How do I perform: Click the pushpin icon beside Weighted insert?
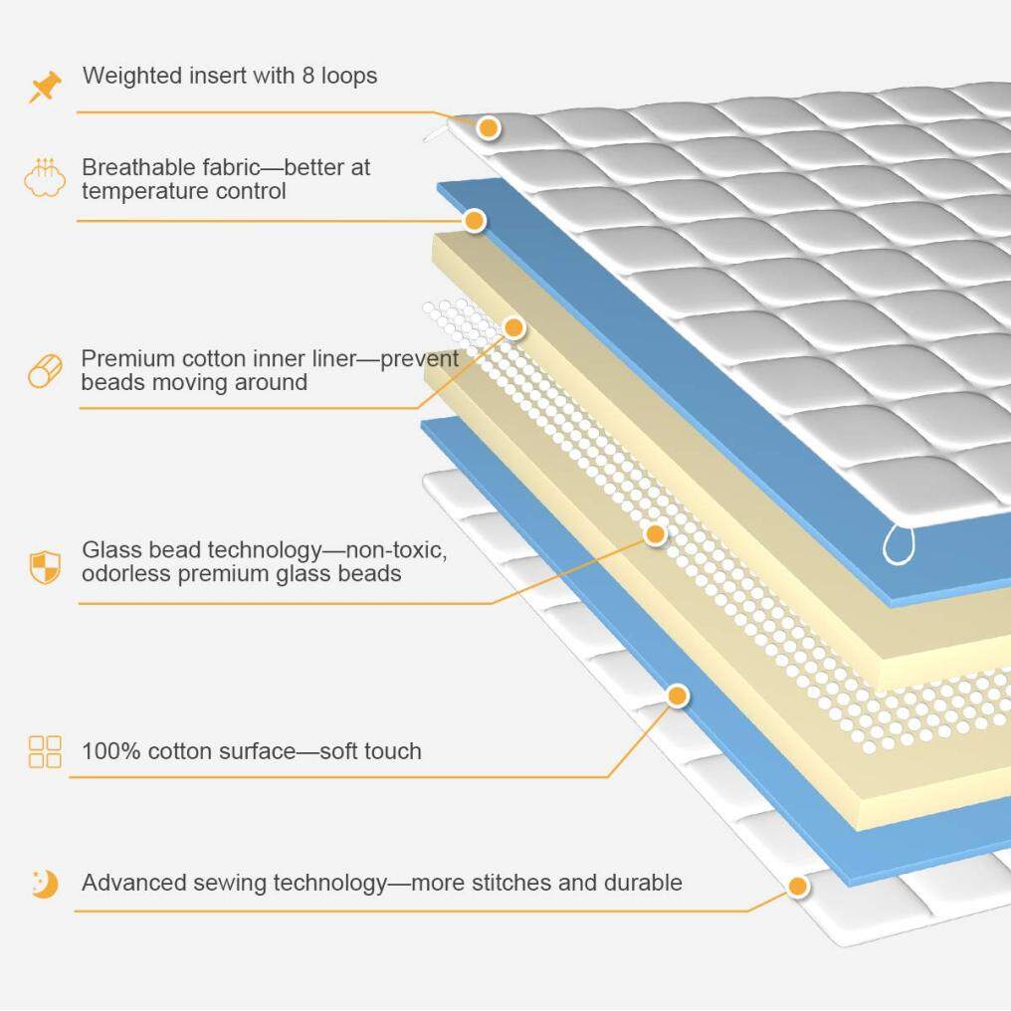45,88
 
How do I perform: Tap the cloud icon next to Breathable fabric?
45,178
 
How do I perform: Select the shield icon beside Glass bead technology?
45,566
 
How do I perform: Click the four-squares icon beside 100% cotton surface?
45,751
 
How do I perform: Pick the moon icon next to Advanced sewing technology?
45,883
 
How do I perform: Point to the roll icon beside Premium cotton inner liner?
45,371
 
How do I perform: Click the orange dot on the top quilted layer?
488,127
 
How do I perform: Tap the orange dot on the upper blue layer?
475,220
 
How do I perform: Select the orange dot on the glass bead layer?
655,534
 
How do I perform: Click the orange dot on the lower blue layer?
678,696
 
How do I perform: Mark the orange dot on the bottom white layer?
797,886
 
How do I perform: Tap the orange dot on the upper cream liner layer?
514,325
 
